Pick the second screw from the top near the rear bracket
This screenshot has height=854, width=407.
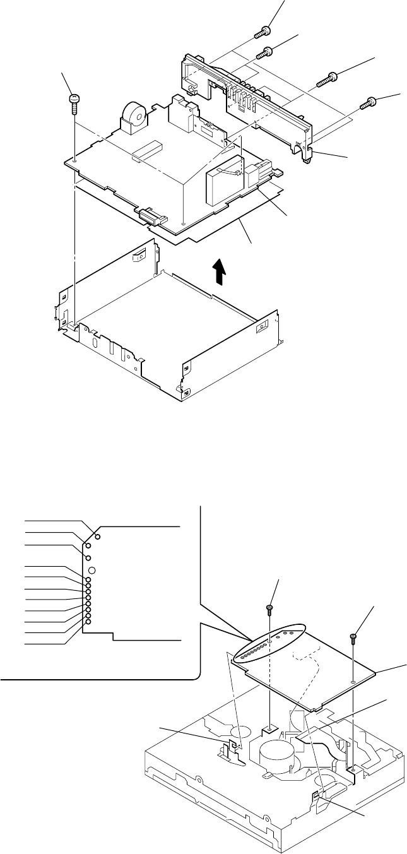[x=267, y=52]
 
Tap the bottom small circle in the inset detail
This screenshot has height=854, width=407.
[x=88, y=622]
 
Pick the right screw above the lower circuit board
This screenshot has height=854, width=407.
[x=354, y=638]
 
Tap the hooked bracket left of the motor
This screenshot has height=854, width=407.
[x=228, y=750]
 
